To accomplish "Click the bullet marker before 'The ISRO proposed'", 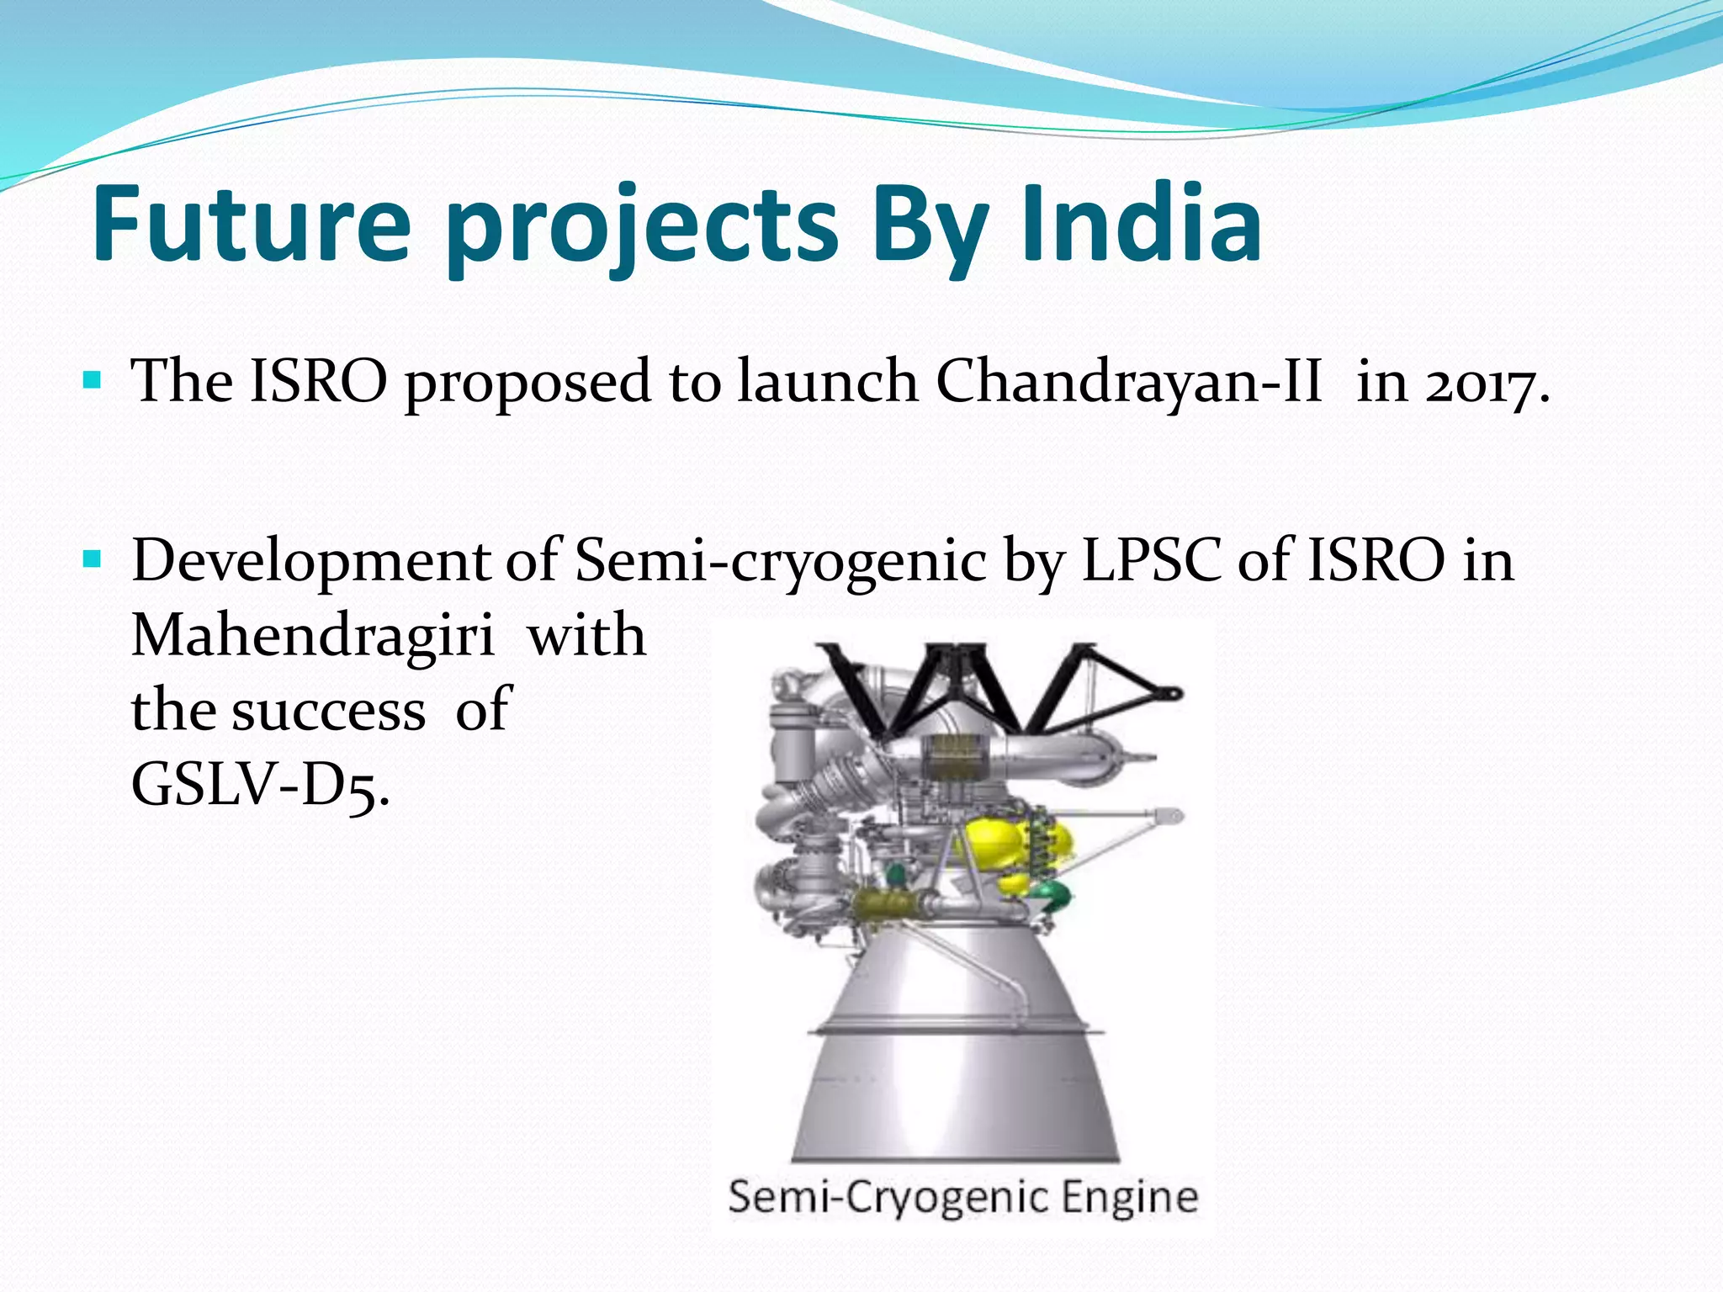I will pyautogui.click(x=93, y=380).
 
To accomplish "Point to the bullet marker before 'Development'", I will pyautogui.click(x=93, y=559).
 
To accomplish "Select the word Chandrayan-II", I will pyautogui.click(x=1128, y=381).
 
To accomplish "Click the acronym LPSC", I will pyautogui.click(x=1150, y=560).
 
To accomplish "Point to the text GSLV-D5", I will pyautogui.click(x=259, y=786).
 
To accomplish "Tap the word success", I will pyautogui.click(x=328, y=712).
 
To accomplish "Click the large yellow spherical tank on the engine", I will pyautogui.click(x=994, y=841).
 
